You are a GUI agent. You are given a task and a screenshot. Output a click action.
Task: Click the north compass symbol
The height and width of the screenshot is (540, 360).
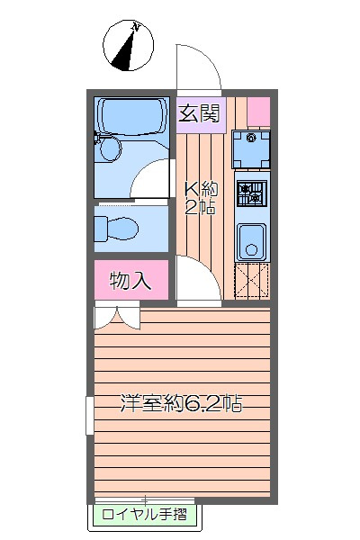(x=128, y=46)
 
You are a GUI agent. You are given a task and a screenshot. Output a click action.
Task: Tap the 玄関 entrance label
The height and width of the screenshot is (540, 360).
(x=199, y=113)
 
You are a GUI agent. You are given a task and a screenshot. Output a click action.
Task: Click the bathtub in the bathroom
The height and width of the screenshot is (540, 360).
(x=131, y=117)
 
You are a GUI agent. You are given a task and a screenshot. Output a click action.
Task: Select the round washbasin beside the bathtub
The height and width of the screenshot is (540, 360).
(x=111, y=148)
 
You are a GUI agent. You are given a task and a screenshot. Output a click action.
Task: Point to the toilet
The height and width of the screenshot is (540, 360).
(x=116, y=229)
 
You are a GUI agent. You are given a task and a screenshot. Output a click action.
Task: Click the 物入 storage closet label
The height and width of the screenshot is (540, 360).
(x=130, y=280)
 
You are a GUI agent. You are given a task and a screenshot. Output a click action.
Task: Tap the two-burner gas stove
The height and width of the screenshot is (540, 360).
(x=252, y=193)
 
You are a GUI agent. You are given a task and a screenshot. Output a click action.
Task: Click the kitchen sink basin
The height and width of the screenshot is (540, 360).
(x=251, y=242)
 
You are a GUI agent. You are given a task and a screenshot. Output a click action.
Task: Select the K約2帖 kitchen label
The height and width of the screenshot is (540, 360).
(x=202, y=198)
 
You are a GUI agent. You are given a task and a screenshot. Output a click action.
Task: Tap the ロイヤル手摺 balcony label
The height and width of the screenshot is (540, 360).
(x=144, y=515)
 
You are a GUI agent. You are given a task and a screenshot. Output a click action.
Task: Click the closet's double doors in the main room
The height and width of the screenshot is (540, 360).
(x=117, y=318)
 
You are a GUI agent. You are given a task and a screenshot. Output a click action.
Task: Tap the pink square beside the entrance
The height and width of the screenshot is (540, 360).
(x=258, y=112)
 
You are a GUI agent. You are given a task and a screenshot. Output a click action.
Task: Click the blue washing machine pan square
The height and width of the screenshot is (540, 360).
(x=251, y=149)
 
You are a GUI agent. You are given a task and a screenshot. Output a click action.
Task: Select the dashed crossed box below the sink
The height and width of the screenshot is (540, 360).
(x=252, y=280)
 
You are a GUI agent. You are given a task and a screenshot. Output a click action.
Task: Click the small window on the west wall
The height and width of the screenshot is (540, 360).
(x=90, y=415)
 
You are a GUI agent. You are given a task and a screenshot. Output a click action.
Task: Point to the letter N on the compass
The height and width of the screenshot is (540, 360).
(x=136, y=26)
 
